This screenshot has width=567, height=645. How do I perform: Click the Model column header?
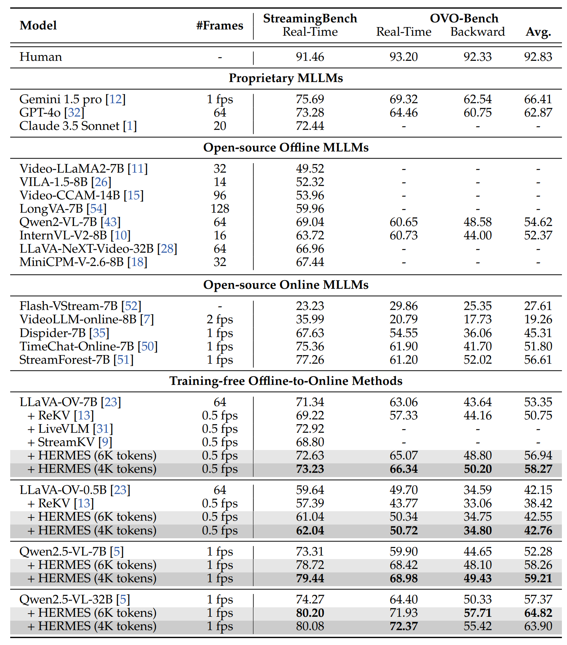coord(38,26)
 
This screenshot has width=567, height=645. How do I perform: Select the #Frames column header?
coord(220,26)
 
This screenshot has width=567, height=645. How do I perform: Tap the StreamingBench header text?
coord(310,18)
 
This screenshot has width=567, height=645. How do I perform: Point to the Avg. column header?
coord(538,32)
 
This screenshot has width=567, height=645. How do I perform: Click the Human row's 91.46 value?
coord(310,57)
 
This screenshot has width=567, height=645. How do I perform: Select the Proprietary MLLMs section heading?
coord(286,78)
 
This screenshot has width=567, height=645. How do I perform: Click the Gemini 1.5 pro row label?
coord(61,99)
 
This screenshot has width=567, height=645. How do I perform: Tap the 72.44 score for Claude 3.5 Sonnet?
coord(310,126)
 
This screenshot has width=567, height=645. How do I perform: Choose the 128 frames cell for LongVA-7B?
coord(220,209)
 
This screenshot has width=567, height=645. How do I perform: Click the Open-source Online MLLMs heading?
coord(286,285)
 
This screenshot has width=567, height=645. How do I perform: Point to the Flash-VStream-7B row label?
coord(69,306)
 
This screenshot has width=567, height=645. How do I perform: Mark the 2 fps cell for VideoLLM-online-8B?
coord(220,319)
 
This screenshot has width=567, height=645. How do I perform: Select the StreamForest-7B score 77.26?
coord(310,360)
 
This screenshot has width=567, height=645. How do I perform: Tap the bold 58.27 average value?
coord(538,469)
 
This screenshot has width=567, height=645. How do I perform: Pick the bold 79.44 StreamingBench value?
coord(310,578)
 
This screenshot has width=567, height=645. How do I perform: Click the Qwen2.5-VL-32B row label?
coord(66,599)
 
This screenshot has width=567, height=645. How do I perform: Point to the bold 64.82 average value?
coord(538,613)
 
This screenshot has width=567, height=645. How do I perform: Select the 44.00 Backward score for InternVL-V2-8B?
coord(477,235)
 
